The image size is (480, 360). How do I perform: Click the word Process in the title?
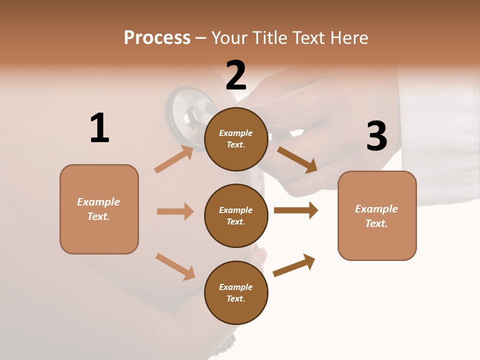(157, 38)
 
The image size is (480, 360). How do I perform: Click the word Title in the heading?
(269, 38)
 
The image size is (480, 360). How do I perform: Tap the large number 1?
(99, 128)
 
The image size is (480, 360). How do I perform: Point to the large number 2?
(236, 75)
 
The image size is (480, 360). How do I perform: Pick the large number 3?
(376, 136)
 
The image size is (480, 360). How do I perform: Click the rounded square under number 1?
(99, 209)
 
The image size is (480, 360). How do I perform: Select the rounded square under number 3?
(377, 215)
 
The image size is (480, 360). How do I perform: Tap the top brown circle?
(236, 139)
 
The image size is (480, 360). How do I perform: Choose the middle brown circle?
(236, 215)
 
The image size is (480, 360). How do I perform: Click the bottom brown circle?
(236, 292)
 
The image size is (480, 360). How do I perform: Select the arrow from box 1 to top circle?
(174, 159)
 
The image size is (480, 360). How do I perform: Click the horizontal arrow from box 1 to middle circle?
(175, 211)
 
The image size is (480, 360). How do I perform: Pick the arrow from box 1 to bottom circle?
(175, 266)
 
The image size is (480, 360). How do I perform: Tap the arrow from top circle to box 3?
(297, 159)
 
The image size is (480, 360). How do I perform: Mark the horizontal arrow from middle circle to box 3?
(296, 210)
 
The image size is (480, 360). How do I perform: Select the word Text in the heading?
(309, 38)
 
